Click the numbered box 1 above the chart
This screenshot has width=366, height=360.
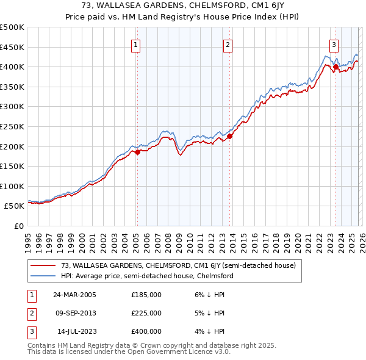click(135, 44)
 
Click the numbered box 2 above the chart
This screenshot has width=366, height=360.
click(228, 44)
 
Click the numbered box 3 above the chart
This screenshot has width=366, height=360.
click(334, 44)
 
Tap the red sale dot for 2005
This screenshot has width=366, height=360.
click(137, 153)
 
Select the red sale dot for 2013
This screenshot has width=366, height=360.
click(229, 137)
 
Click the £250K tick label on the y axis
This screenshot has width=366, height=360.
click(12, 126)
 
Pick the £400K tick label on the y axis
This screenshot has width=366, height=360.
click(12, 67)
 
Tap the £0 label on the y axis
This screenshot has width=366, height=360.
click(20, 226)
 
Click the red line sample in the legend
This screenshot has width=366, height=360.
click(43, 265)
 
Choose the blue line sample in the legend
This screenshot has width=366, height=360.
click(43, 276)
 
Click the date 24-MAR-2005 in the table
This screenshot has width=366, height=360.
click(74, 294)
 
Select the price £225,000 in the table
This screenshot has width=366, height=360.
click(146, 313)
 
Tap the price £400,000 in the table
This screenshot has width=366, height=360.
click(146, 331)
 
